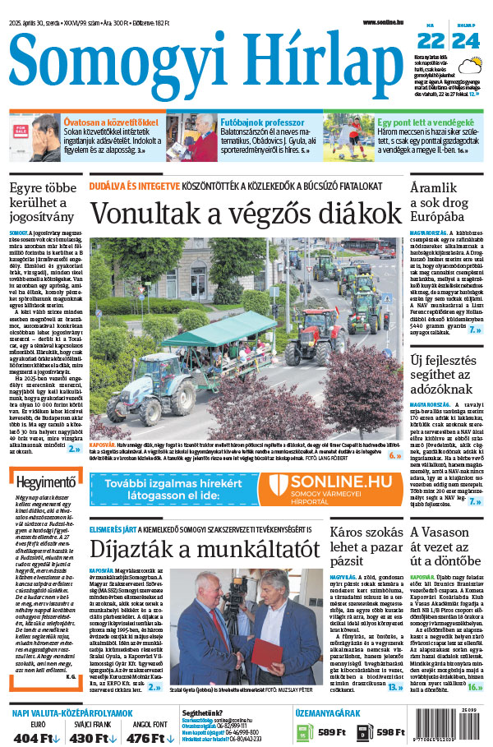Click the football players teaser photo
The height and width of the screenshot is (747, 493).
click(x=348, y=136)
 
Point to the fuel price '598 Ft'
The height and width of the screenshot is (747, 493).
click(x=392, y=732)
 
